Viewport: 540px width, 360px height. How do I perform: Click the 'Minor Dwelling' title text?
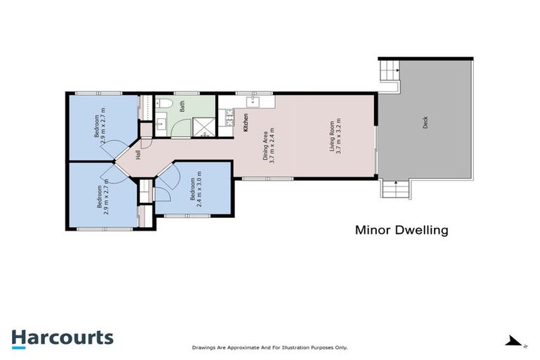(x=401, y=229)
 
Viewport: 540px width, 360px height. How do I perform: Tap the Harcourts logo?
(x=62, y=337)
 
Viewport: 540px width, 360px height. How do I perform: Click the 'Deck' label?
(x=425, y=122)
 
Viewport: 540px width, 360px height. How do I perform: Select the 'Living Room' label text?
(x=332, y=137)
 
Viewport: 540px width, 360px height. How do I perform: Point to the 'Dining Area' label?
(x=266, y=145)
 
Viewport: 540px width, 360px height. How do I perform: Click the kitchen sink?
(x=252, y=102)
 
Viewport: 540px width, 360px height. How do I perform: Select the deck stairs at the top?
(x=390, y=71)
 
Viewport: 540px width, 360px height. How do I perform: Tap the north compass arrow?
(x=514, y=340)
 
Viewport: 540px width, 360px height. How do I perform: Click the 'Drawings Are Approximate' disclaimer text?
(x=270, y=347)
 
